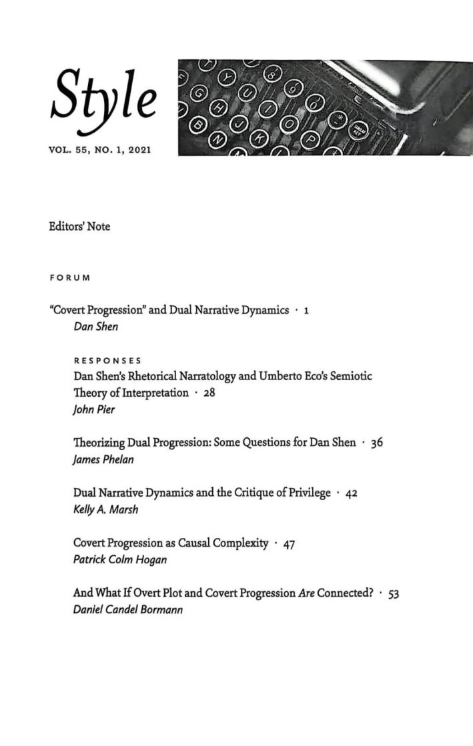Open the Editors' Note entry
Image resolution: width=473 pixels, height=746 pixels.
(x=79, y=227)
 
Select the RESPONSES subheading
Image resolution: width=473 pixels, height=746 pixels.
(x=103, y=361)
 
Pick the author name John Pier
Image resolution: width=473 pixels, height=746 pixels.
(x=94, y=410)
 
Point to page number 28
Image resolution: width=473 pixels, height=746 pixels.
(x=209, y=394)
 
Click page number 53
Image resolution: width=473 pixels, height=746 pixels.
(x=393, y=594)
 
